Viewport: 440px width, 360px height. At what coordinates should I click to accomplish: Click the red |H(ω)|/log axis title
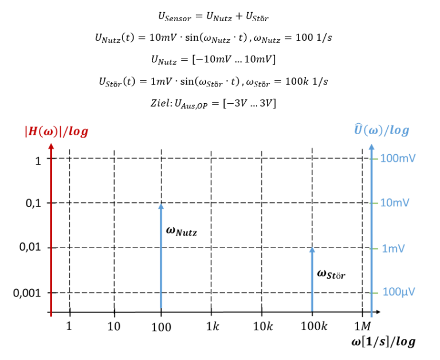[56, 131]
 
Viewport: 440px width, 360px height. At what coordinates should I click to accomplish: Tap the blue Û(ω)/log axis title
[381, 130]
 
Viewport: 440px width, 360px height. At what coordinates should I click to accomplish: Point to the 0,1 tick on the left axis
[34, 203]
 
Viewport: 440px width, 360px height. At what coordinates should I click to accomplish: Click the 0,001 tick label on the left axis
[27, 293]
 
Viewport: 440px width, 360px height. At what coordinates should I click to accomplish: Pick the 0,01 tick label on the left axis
[30, 248]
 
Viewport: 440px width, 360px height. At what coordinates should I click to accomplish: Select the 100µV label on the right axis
[399, 292]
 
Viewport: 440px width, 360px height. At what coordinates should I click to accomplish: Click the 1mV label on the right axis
[395, 248]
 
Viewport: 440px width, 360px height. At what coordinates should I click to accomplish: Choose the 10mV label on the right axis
[396, 203]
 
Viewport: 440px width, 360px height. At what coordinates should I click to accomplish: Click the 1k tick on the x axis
[211, 327]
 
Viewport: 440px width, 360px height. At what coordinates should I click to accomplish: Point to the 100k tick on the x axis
[313, 327]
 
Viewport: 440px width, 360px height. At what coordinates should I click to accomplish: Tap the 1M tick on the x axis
[362, 327]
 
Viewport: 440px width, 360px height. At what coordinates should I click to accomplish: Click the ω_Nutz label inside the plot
[181, 231]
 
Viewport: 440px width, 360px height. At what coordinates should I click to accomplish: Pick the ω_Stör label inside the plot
[331, 274]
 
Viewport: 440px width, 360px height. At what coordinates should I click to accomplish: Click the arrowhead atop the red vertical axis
[51, 147]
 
